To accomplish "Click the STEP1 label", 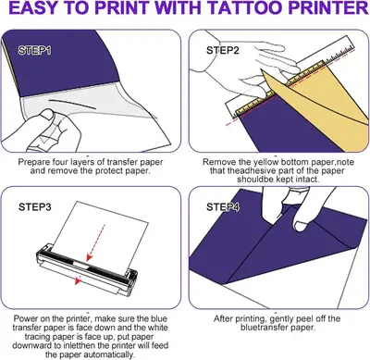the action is point(34,51).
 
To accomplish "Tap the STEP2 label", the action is point(223,50).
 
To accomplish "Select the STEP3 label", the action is point(35,207).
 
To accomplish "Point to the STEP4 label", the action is point(223,207).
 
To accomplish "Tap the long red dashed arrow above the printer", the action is point(96,242).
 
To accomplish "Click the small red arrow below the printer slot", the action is point(79,279).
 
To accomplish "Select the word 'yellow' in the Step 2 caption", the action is point(265,162).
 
